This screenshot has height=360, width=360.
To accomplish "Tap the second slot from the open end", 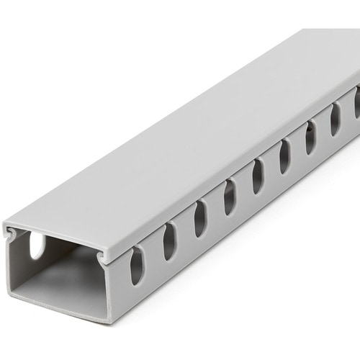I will [169, 241].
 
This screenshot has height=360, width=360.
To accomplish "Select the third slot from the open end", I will [200, 219].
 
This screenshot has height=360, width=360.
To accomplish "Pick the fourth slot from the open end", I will [229, 197].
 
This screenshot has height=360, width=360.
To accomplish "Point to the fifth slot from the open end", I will [257, 176].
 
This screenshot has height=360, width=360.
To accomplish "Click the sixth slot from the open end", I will [284, 156].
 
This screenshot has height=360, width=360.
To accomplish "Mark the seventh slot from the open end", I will [310, 137].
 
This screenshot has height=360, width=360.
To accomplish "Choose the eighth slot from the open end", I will [335, 119].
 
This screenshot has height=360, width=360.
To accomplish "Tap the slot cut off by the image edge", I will [356, 102].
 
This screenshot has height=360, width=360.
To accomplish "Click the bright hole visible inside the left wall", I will [36, 247].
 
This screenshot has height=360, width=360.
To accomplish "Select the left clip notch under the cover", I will [12, 233].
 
